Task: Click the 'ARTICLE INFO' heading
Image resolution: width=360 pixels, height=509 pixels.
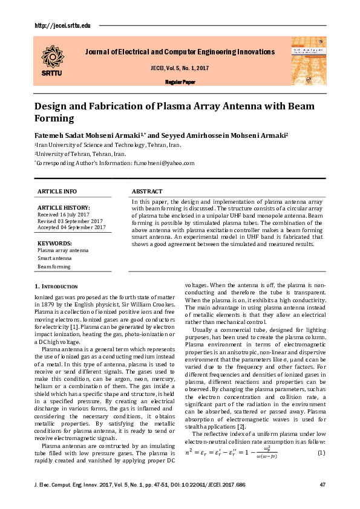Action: click(57, 191)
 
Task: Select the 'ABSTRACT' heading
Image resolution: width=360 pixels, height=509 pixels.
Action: click(146, 191)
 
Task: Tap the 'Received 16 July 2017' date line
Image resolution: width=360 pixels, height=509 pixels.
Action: click(63, 215)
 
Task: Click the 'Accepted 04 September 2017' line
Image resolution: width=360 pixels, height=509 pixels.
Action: click(71, 227)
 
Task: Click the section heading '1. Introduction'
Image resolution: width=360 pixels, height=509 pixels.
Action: click(56, 286)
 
